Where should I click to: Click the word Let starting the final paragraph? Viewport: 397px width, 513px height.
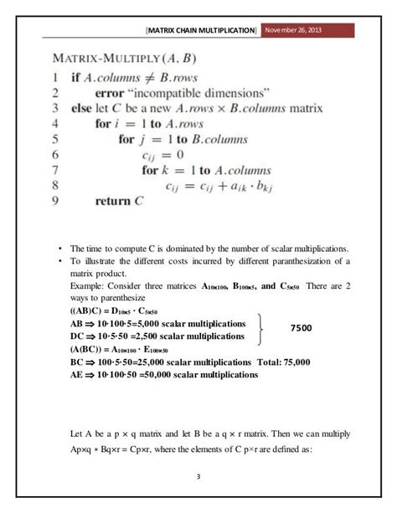(x=79, y=433)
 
